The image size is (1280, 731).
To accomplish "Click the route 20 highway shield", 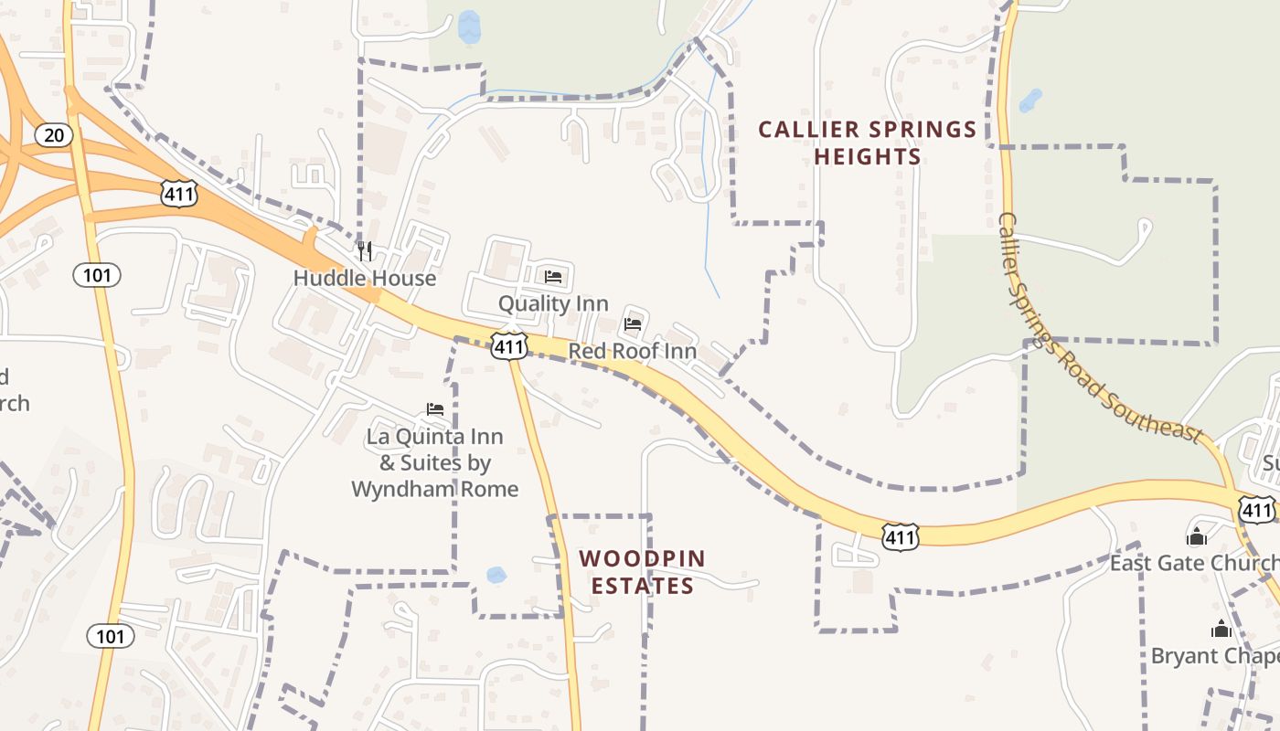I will [54, 135].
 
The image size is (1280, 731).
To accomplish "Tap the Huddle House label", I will [365, 278].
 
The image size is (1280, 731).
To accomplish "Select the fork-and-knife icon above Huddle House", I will [365, 250].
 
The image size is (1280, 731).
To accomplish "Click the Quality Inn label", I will [553, 303].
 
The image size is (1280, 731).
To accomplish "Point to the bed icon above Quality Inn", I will [553, 276].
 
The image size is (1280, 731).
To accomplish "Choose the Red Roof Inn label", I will [633, 351].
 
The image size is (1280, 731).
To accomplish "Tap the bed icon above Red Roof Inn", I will [633, 323].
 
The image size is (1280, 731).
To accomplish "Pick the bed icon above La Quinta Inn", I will [435, 409].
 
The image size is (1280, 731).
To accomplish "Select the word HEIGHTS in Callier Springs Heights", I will [868, 157].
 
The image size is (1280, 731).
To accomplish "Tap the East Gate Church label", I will [1194, 563].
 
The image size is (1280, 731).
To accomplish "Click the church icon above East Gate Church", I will [1197, 536].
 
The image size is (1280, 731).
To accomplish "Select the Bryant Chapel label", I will [1215, 656].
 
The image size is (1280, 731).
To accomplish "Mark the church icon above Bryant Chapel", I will [1221, 629].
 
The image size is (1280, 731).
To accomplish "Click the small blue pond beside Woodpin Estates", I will [496, 575].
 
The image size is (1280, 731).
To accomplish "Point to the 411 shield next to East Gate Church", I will [1258, 509].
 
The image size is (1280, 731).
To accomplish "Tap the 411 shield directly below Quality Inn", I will [508, 345].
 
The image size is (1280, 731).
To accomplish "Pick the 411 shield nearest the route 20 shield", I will [177, 192].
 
